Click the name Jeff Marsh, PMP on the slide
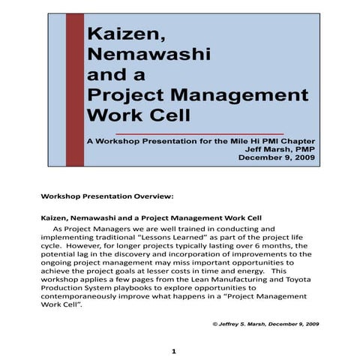point(274,149)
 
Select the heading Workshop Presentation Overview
point(107,196)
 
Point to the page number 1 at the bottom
point(173,351)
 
